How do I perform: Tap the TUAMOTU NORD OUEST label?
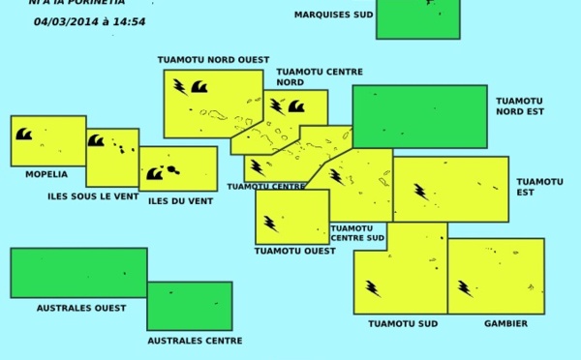(213, 60)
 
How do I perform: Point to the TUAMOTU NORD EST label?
(520, 105)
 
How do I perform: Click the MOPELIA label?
(46, 175)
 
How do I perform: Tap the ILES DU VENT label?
(180, 201)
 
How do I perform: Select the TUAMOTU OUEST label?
(294, 251)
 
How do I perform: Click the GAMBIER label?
(505, 324)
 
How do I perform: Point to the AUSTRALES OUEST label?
(81, 308)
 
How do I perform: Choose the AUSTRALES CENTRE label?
(195, 341)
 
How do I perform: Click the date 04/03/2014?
(65, 21)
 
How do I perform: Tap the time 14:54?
(129, 21)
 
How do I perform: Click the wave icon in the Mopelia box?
(24, 134)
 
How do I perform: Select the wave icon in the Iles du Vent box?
(155, 173)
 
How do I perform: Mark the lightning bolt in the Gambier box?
(465, 287)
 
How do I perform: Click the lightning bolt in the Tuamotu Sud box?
(373, 287)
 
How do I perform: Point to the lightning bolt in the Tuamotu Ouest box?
(271, 224)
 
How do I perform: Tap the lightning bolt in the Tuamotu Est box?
(421, 192)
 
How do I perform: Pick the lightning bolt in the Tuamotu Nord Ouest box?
(180, 87)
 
